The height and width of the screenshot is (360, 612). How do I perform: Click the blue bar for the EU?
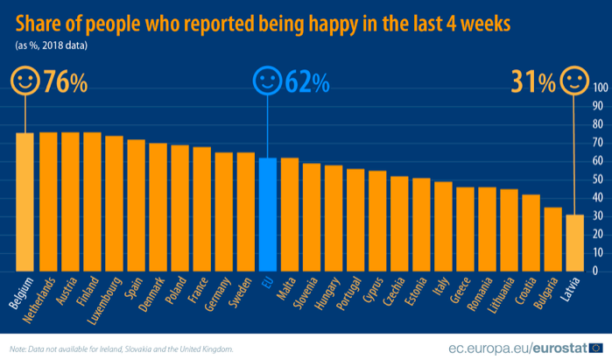point(267,215)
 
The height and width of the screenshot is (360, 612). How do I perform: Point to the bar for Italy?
point(442,227)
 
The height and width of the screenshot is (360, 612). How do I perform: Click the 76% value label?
point(67,83)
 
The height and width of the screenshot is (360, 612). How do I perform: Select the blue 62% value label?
point(307,83)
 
